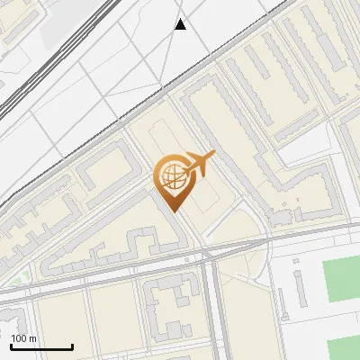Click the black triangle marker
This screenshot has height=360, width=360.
181,24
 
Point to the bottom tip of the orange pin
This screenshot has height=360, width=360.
175,212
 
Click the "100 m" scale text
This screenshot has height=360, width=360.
23,338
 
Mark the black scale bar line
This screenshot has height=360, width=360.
41,346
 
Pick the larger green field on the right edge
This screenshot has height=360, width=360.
341,279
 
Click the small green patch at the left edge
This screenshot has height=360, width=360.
26,276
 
